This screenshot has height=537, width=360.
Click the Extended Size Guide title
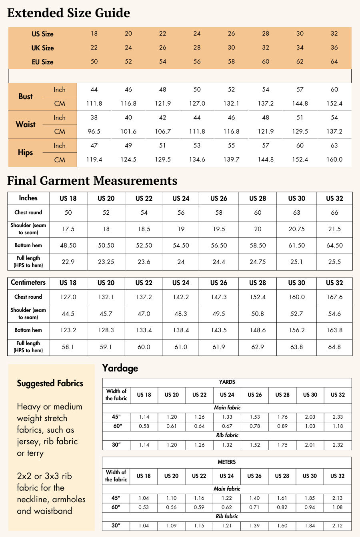pos(68,13)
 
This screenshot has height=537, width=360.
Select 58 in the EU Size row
pos(231,62)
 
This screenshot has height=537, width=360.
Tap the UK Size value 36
pos(334,48)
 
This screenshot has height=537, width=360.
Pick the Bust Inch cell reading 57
pos(300,90)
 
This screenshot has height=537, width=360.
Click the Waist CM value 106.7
pos(162,132)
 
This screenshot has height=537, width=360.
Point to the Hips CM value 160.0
pos(334,160)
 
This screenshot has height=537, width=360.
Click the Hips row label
pos(26,152)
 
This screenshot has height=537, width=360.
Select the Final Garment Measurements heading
pos(92,181)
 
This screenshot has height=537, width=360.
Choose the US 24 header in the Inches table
pos(181,198)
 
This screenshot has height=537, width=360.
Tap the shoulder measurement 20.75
pos(296,229)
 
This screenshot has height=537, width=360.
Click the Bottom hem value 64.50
pos(334,246)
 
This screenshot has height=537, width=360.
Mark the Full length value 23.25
pos(106,262)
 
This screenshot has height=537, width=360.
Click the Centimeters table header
pos(28,282)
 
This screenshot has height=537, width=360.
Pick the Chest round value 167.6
pos(334,297)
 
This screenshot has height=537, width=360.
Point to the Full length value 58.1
pos(68,347)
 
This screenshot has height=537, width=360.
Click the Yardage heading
pos(120,368)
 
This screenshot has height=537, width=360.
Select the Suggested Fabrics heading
pos(50,383)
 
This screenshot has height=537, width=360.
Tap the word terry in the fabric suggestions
pos(35,453)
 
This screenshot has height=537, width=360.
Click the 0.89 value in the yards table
pos(282,426)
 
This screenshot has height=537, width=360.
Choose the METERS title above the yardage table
pos(227,462)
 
